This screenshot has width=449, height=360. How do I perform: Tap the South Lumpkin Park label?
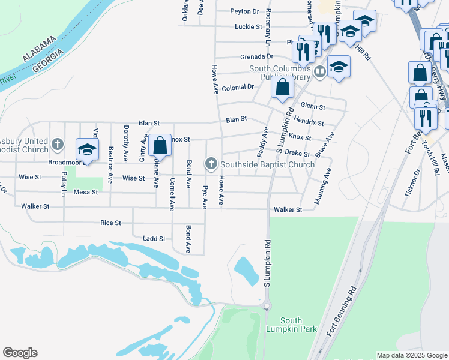point(291,325)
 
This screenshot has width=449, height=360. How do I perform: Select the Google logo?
point(20,353)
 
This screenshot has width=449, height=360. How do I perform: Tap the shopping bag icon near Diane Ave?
point(160,145)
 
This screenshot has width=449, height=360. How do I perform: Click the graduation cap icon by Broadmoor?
point(87,149)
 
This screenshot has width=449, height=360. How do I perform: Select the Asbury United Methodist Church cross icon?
point(57,144)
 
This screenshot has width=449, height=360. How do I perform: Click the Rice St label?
point(111,223)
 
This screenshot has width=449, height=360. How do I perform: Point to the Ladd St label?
point(154,239)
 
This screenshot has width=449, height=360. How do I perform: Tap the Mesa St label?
point(85,193)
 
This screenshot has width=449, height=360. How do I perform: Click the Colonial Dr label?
point(238,88)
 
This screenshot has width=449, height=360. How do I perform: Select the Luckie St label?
point(249,27)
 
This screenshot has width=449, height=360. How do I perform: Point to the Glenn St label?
point(313,107)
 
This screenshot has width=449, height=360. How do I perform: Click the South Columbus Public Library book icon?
point(320,72)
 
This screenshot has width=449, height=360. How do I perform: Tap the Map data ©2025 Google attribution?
point(411,355)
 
